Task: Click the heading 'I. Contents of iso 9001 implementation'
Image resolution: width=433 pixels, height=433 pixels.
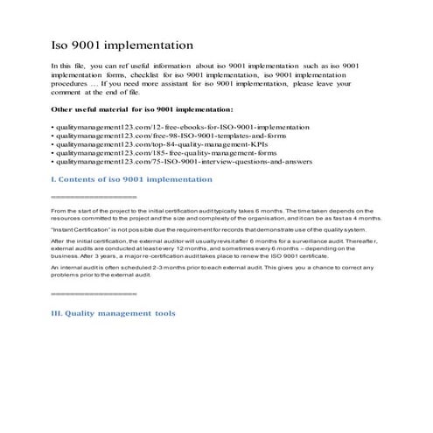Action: [131, 179]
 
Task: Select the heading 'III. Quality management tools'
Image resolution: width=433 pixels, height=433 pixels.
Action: [113, 313]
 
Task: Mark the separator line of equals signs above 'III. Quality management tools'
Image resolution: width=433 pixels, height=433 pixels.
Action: [87, 293]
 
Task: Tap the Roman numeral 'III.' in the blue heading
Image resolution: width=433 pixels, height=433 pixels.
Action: [59, 313]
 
